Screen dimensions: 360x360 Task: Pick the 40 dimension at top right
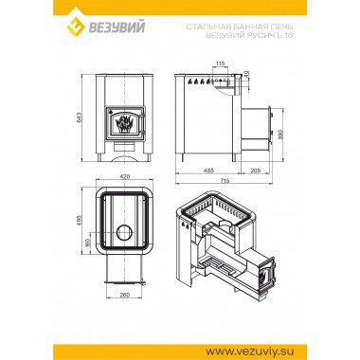point(247,74)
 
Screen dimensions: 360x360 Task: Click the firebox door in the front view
point(124,124)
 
